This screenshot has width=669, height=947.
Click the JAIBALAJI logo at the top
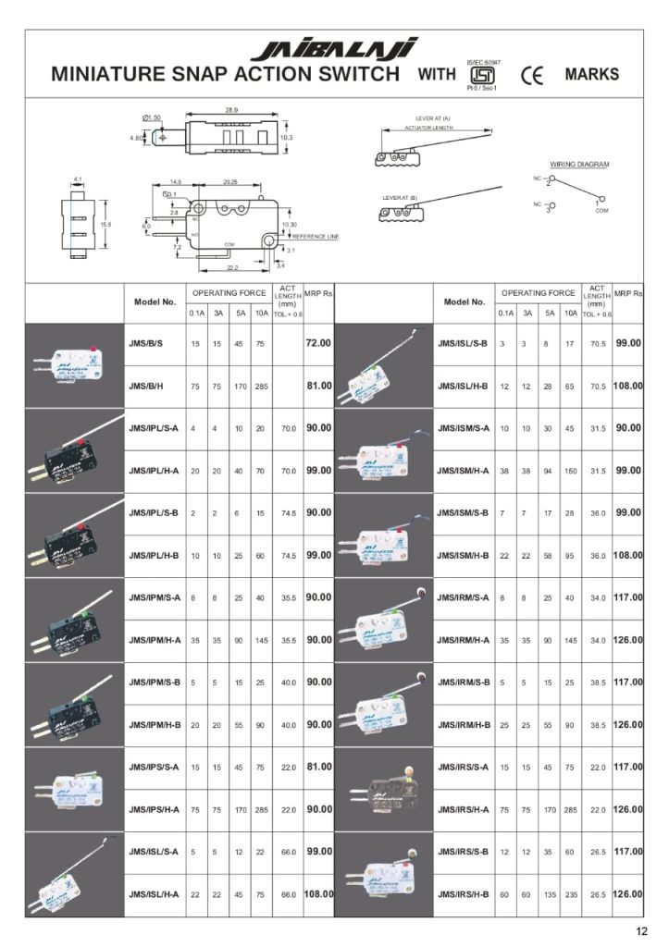[x=334, y=48]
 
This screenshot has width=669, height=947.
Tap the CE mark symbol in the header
[x=533, y=75]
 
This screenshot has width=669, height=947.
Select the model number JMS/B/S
[x=146, y=343]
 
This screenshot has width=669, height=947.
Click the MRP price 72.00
[x=318, y=343]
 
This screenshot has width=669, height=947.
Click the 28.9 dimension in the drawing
[x=231, y=110]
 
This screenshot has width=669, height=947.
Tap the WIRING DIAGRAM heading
[x=580, y=164]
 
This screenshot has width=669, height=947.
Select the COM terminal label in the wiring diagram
[x=601, y=210]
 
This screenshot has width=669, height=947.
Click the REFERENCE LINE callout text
[x=316, y=237]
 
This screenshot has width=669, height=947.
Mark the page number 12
[x=641, y=931]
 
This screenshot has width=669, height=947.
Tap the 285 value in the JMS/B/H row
[x=262, y=386]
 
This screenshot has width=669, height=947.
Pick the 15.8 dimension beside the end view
[x=106, y=223]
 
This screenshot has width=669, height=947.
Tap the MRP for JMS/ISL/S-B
[x=628, y=343]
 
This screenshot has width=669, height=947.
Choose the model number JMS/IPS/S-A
[x=154, y=767]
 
